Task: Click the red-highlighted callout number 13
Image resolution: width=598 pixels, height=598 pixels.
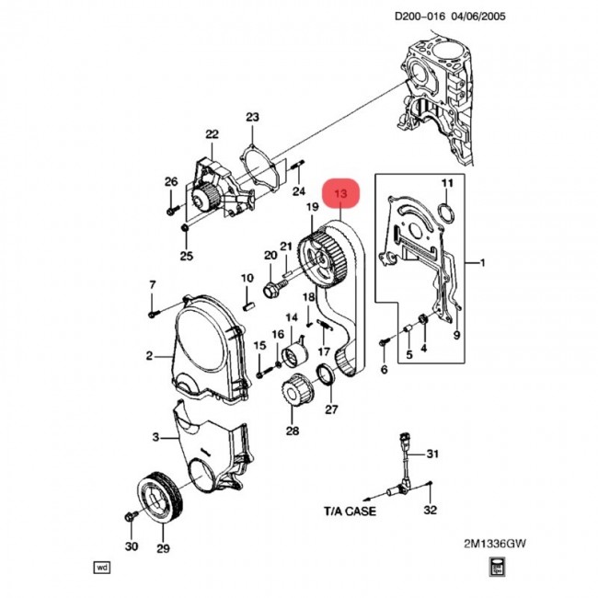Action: pos(341,194)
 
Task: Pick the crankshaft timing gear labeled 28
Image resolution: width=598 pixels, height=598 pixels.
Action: pos(293,395)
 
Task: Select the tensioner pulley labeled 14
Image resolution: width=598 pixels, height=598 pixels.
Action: pos(296,355)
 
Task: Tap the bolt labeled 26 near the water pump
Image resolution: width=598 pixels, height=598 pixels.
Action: pos(170,210)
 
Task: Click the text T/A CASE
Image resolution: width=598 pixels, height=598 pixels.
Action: pos(351,509)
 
